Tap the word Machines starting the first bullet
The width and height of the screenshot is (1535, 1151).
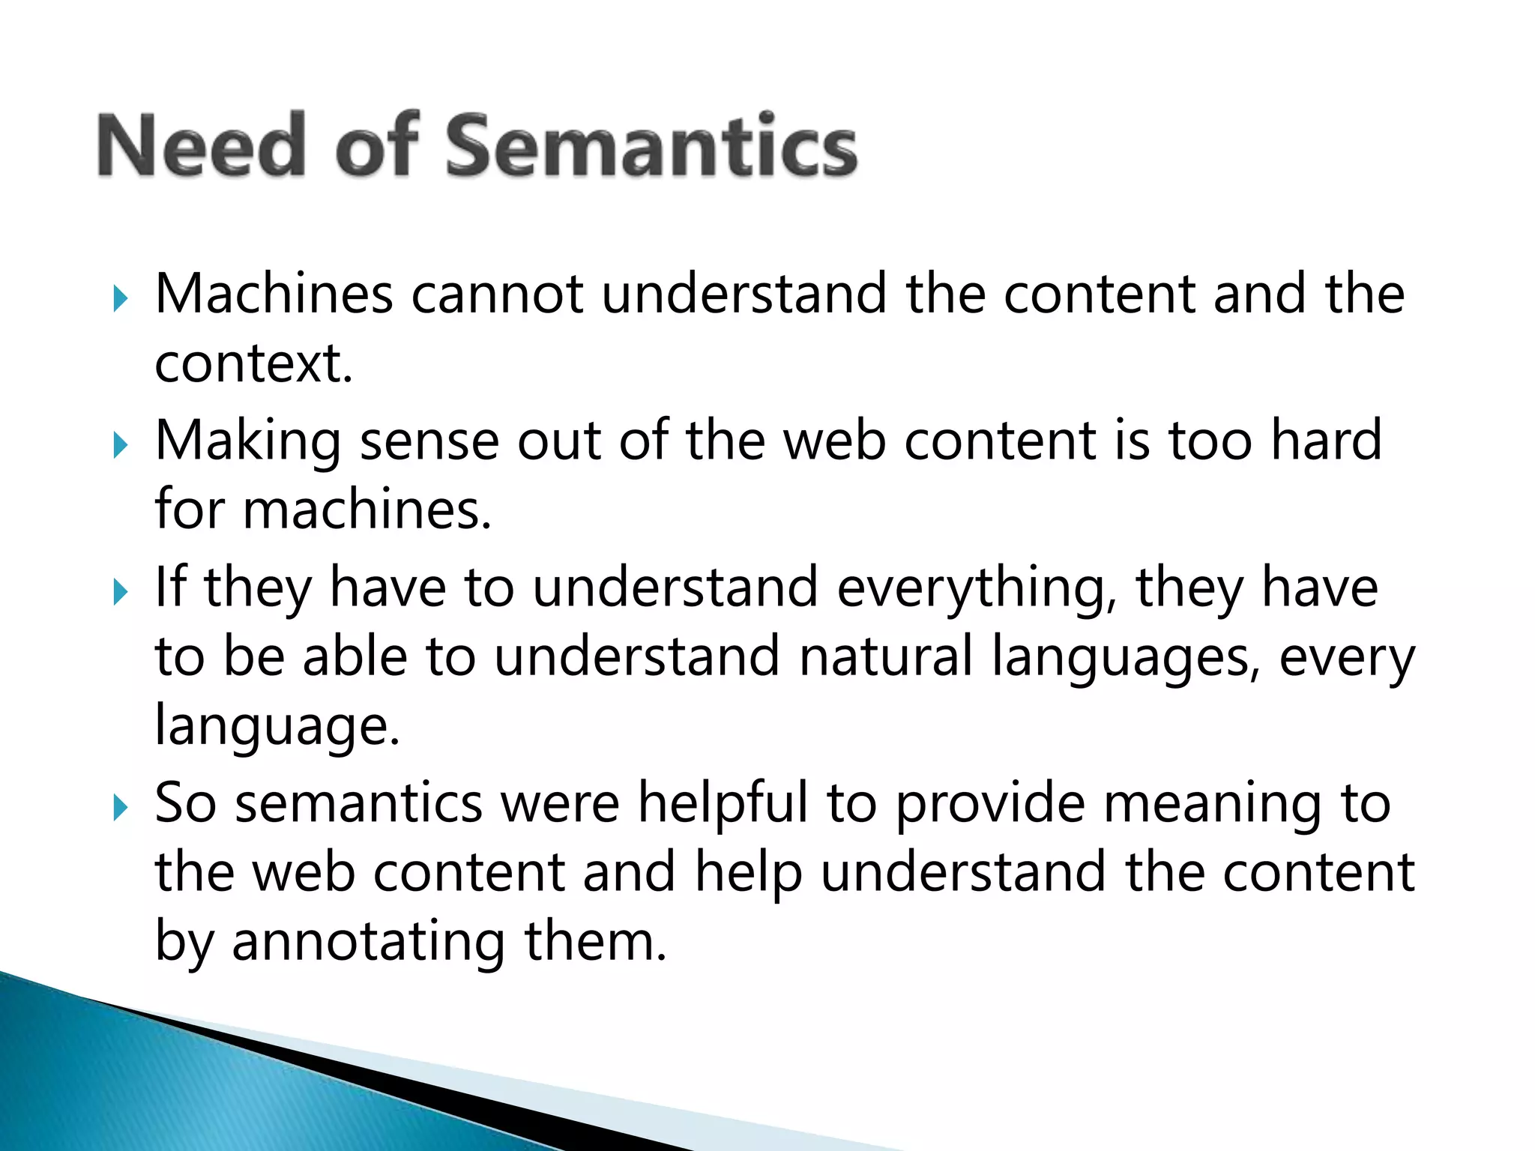[274, 294]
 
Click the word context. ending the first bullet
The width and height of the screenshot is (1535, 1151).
[253, 364]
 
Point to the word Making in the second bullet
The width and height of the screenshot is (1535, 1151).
[248, 442]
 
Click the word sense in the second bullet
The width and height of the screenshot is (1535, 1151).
[429, 442]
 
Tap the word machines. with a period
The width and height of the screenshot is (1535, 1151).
[367, 510]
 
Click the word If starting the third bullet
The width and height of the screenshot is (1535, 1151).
[169, 587]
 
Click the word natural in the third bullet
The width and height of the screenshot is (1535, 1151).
[885, 657]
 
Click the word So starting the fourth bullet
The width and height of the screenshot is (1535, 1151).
[186, 803]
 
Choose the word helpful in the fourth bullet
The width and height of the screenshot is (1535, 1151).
[723, 803]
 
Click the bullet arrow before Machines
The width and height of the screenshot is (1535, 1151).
[120, 299]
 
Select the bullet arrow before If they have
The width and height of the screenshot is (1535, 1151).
[120, 593]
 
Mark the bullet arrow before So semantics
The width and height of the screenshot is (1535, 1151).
[120, 809]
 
